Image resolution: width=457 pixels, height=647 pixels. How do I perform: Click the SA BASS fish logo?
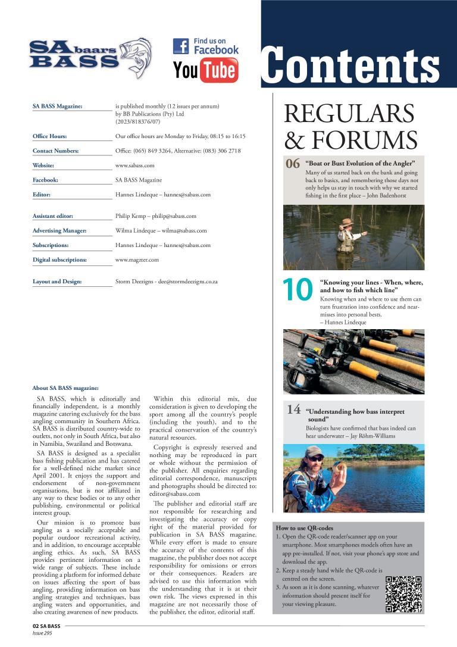pos(89,58)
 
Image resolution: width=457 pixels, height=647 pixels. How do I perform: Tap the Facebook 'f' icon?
pos(181,46)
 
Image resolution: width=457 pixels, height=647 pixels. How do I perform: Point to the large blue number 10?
pos(298,290)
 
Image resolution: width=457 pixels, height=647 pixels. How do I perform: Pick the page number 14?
pos(294,410)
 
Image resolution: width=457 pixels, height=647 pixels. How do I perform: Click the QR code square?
pos(403,594)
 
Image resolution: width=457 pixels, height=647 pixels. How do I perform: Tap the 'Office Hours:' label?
pos(49,136)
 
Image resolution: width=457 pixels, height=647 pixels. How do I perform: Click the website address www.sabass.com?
pos(134,165)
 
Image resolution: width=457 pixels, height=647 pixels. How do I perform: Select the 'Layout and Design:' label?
pos(57,282)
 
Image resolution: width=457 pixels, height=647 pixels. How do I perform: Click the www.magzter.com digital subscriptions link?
pos(137,260)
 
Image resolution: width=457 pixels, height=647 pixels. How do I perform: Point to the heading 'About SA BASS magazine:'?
pos(61,387)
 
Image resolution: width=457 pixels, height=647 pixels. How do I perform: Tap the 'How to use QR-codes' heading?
pos(304,528)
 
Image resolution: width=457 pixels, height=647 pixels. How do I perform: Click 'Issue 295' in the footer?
pos(43,634)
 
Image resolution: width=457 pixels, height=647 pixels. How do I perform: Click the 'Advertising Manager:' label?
pos(60,230)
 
